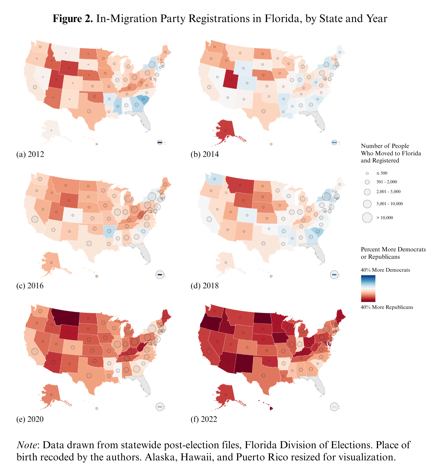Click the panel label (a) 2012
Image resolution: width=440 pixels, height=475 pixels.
(x=30, y=154)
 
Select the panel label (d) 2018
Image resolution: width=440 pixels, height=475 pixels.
(x=205, y=286)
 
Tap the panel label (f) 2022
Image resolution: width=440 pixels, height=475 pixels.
(x=204, y=419)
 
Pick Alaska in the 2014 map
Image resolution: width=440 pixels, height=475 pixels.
(x=225, y=129)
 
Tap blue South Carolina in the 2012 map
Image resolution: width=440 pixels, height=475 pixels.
(x=144, y=99)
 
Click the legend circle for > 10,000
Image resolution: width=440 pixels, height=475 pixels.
(x=367, y=218)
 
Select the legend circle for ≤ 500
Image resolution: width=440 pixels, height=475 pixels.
(x=367, y=173)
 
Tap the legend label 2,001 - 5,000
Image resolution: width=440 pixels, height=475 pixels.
(x=388, y=192)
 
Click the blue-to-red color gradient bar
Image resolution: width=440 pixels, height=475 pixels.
(x=368, y=288)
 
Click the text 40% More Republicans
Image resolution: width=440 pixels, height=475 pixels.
(x=387, y=307)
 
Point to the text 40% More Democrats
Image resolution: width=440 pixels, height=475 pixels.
(x=385, y=270)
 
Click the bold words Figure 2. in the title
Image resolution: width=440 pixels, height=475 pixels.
(x=73, y=19)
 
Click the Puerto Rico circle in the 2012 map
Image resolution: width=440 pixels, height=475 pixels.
(x=160, y=142)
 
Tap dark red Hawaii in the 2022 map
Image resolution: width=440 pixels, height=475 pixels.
(x=270, y=408)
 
